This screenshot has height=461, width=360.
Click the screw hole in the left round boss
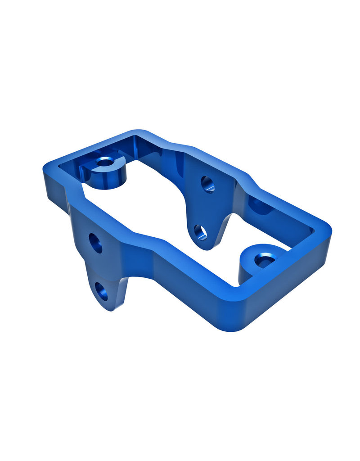tap(105, 161)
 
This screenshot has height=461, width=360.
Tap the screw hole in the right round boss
tap(265, 259)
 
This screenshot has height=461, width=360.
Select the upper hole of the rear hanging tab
tap(207, 184)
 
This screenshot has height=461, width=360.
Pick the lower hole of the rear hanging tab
tap(201, 232)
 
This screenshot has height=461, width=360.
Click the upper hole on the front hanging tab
tap(95, 243)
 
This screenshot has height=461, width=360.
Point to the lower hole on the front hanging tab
tap(102, 291)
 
